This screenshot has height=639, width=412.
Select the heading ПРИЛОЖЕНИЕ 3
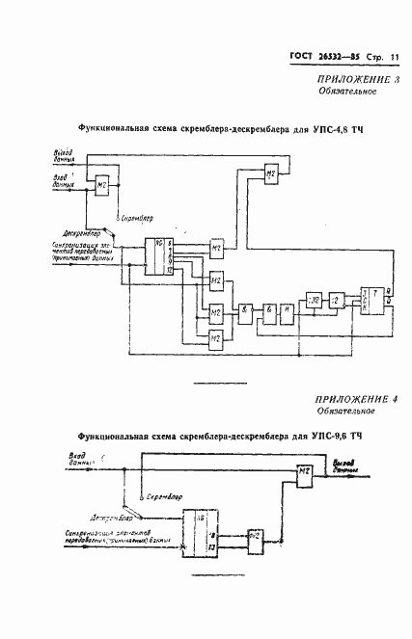click(351, 78)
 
